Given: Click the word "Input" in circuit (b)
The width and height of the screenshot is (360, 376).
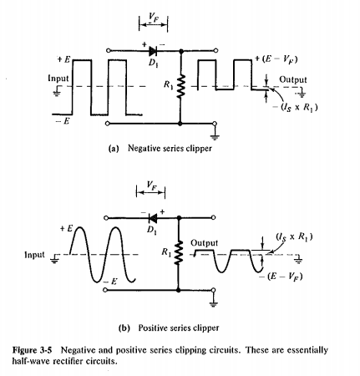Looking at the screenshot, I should (36, 254).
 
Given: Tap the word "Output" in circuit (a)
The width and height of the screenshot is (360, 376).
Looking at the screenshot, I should (293, 79).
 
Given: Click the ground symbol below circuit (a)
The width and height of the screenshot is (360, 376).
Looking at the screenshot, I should (215, 134).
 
